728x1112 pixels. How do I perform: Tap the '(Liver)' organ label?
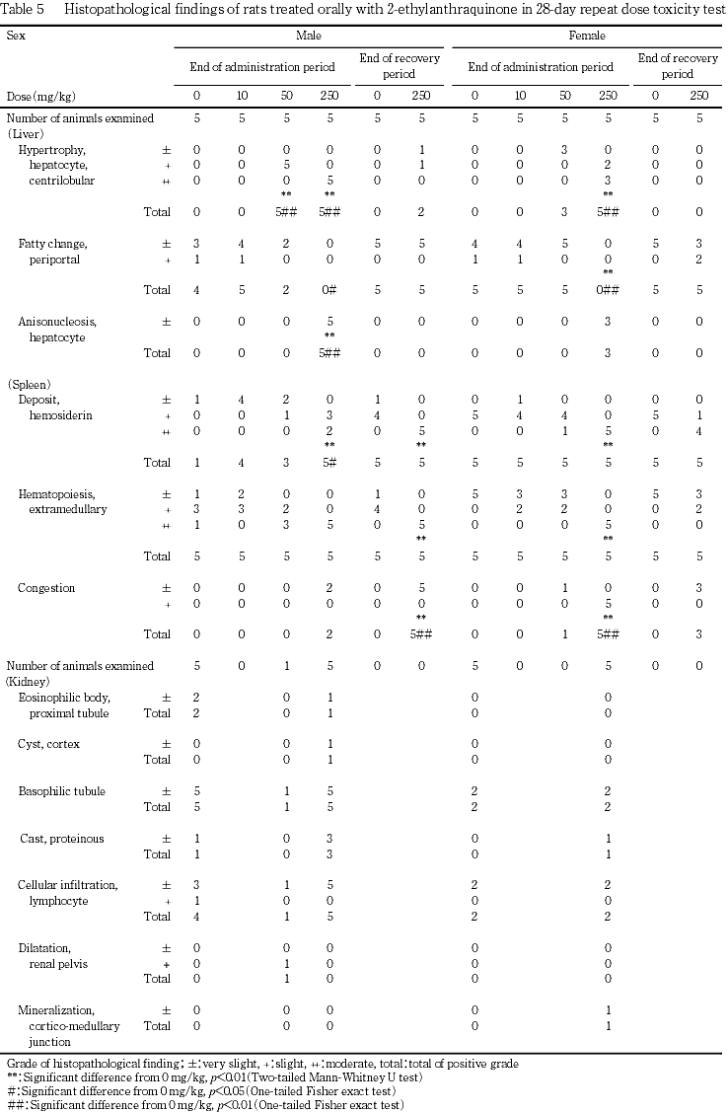[x=24, y=132]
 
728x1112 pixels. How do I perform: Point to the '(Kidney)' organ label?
[x=29, y=681]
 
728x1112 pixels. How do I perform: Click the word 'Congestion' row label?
[x=46, y=589]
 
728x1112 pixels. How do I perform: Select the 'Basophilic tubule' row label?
[x=61, y=791]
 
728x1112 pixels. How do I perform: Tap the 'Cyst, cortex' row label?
[x=49, y=744]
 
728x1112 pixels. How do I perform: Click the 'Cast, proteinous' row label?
[x=62, y=839]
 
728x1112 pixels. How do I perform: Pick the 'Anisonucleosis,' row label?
[x=57, y=322]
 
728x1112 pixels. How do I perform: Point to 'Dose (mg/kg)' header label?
[x=40, y=97]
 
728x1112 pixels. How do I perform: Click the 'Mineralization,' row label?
[x=56, y=1010]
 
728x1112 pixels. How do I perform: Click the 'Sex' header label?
[x=15, y=37]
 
